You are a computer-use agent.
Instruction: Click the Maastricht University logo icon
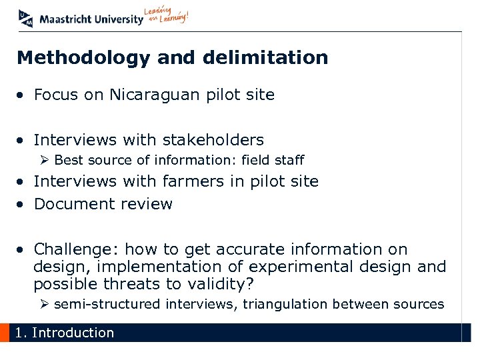click(x=26, y=18)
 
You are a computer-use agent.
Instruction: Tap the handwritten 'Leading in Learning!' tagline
click(x=167, y=16)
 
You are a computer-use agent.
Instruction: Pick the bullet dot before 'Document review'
click(x=22, y=205)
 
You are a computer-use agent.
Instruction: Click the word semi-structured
click(x=107, y=305)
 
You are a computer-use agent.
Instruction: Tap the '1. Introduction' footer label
click(x=65, y=333)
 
